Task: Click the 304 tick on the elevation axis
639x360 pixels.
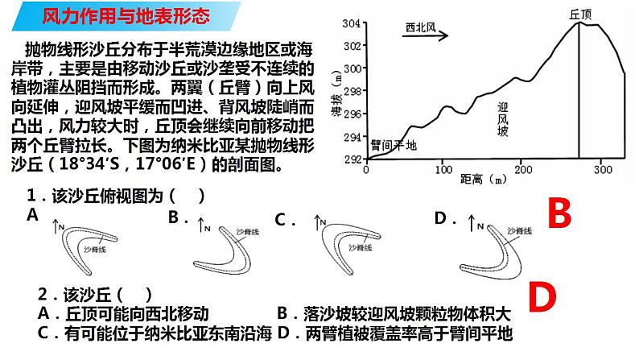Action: [351, 23]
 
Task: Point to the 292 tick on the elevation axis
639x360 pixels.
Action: [351, 159]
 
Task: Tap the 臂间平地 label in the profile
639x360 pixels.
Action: [394, 145]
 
